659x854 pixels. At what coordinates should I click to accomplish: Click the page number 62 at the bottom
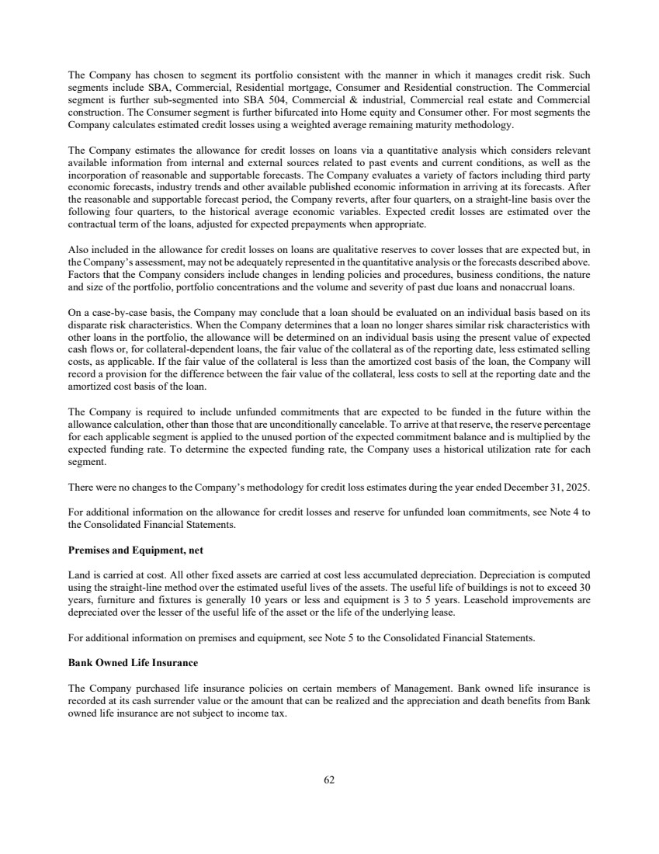point(329,780)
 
